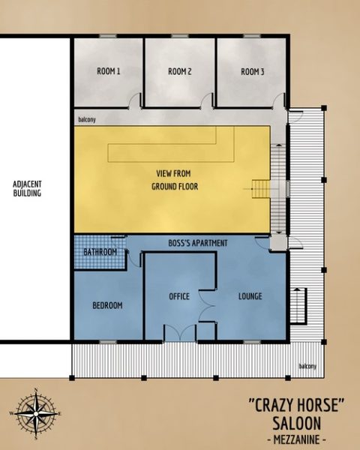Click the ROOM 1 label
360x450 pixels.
109,71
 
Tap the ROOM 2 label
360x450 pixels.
180,71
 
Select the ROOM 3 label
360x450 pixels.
252,71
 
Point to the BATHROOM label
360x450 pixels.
100,252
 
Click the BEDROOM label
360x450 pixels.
107,305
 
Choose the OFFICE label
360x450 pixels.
179,296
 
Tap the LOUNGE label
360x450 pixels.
250,296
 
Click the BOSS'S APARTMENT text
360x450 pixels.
198,243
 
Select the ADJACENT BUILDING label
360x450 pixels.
27,188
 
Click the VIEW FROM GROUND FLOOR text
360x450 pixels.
175,180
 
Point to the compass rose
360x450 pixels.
36,413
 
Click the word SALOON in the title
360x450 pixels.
297,423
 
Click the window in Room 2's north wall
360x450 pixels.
180,36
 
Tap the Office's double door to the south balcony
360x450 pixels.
180,333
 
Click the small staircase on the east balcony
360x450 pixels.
298,305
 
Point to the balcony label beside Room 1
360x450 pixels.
87,119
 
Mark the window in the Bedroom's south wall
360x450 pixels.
108,342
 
